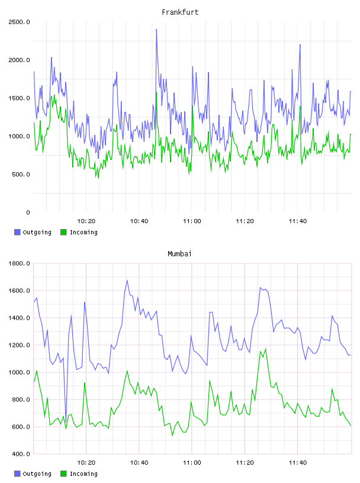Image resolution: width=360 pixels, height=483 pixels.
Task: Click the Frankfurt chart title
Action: click(x=180, y=12)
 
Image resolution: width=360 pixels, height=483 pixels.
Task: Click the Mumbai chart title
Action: click(x=179, y=254)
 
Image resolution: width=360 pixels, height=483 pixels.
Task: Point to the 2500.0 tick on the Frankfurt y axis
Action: click(x=19, y=22)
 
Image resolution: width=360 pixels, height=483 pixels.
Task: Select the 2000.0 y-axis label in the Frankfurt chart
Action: click(x=19, y=60)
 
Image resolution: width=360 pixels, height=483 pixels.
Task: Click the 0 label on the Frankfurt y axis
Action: click(x=28, y=212)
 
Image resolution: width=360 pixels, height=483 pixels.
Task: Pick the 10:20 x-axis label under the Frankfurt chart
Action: click(x=86, y=221)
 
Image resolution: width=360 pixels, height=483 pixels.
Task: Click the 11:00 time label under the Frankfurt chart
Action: click(x=192, y=221)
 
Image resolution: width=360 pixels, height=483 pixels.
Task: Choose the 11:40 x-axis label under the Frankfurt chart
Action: click(x=298, y=221)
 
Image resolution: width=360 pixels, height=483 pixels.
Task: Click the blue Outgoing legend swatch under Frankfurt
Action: click(x=17, y=232)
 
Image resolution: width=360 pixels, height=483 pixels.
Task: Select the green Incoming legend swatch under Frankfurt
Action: click(x=63, y=232)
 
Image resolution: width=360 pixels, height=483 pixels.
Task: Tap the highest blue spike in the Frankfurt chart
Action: click(x=156, y=30)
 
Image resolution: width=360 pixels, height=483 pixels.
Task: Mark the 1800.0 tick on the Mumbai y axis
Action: click(x=19, y=263)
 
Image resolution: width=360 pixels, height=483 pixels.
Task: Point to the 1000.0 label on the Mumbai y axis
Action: click(x=19, y=372)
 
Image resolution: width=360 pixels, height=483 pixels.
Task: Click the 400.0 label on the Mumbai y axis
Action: click(x=21, y=454)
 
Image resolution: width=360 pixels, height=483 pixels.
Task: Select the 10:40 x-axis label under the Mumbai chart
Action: click(x=139, y=463)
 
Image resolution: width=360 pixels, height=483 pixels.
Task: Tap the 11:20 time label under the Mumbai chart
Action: click(x=245, y=463)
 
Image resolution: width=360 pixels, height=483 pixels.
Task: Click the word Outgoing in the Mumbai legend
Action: click(x=37, y=474)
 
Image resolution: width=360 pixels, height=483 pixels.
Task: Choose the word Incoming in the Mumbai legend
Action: click(x=83, y=474)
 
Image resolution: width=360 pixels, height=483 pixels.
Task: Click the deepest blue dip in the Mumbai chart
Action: click(x=66, y=422)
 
